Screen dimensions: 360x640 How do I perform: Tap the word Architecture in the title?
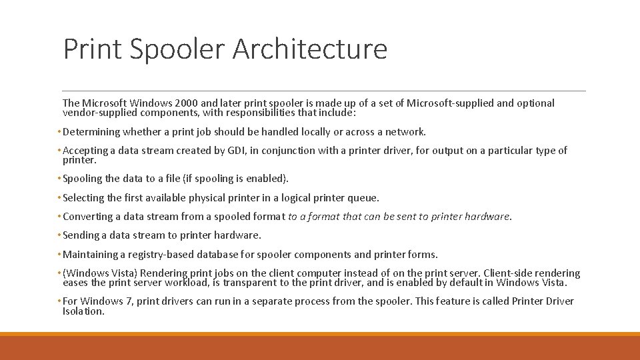point(310,49)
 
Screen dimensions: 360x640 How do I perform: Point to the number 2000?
point(185,103)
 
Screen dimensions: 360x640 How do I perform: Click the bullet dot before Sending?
point(59,235)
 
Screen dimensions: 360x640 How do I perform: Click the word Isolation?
point(83,311)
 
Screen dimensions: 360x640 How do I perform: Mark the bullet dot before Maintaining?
point(59,255)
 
